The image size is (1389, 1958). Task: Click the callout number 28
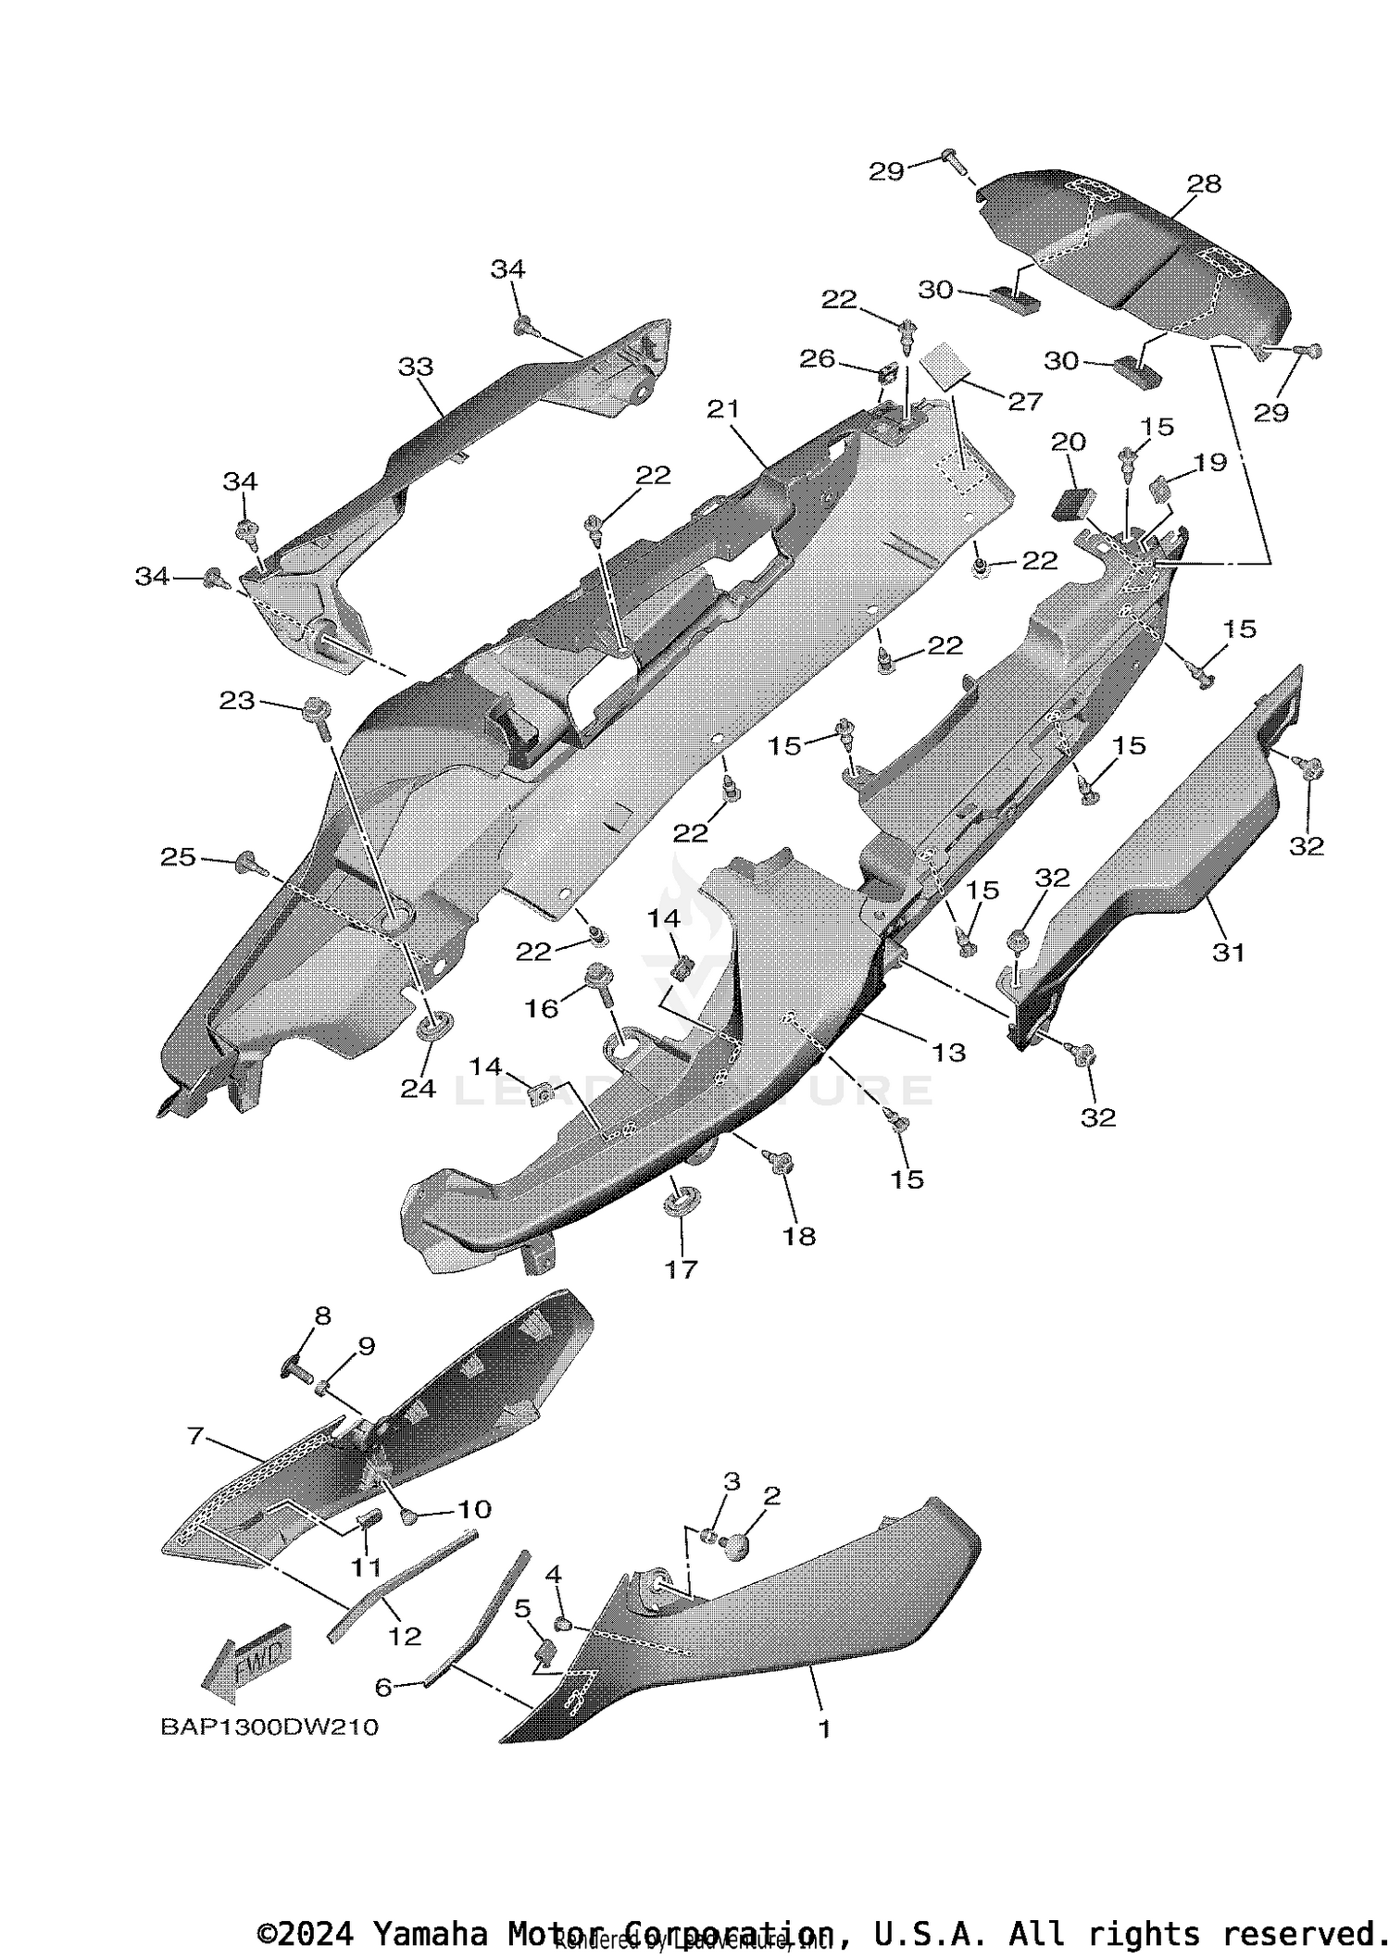[1204, 184]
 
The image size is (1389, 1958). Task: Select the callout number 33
[416, 367]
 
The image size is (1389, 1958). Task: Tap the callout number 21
[723, 408]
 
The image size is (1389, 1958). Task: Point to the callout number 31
[1229, 952]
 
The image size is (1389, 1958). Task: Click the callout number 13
[949, 1052]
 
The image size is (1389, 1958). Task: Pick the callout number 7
[195, 1436]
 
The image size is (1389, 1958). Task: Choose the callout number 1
[824, 1728]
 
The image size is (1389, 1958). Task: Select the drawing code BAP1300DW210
[269, 1727]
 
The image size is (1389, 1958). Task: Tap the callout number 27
[1026, 400]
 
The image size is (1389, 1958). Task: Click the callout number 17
[681, 1268]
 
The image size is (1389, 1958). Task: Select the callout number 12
[405, 1636]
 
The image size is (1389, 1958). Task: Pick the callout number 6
[382, 1688]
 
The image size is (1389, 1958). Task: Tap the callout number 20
[1068, 442]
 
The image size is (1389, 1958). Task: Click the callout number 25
[178, 858]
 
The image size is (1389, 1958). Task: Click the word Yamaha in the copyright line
[430, 1934]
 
